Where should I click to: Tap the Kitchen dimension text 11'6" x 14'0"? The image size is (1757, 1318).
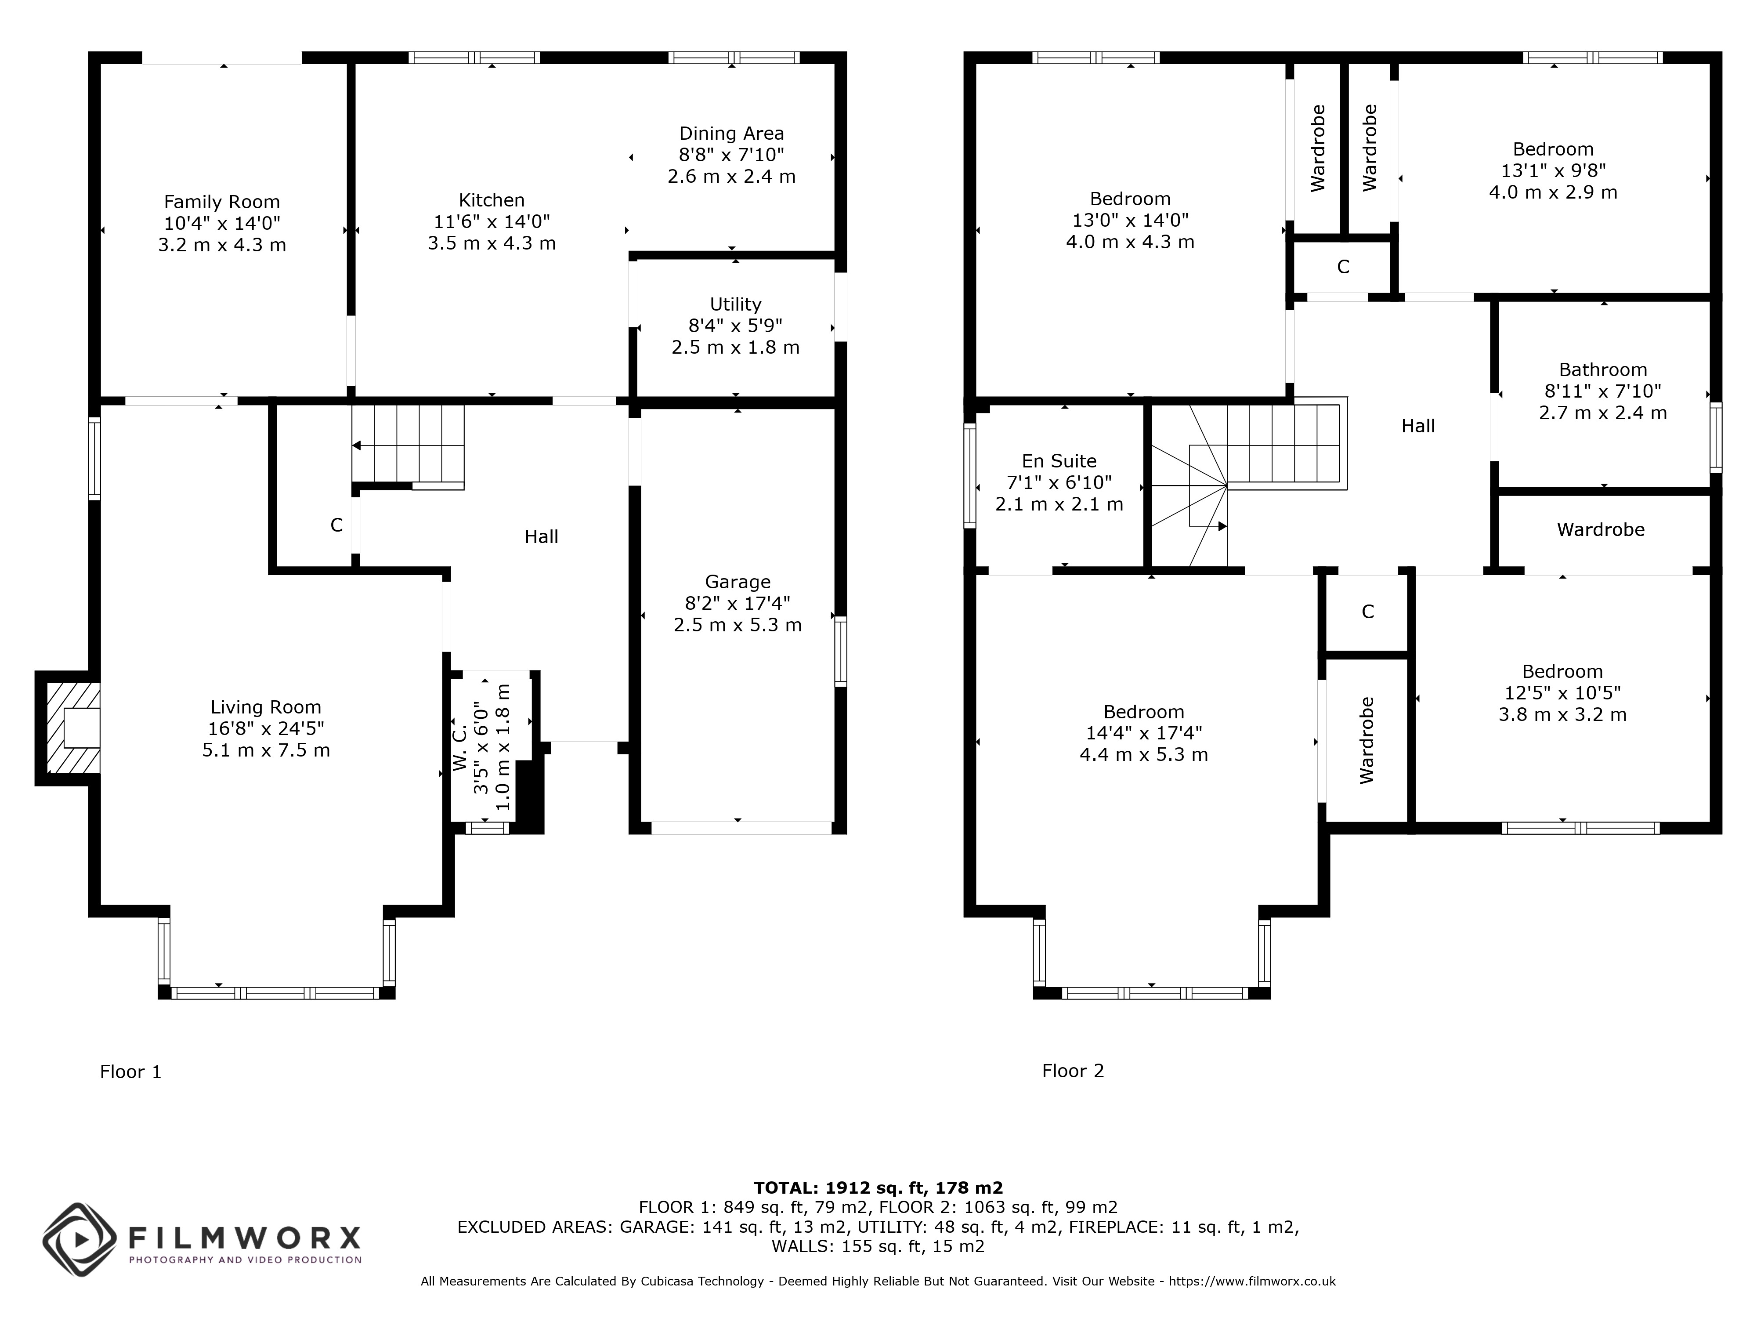492,222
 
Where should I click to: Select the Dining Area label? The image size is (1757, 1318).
731,134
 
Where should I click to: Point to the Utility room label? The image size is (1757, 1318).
736,304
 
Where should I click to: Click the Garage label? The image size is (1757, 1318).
738,582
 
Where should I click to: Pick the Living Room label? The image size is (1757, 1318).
266,707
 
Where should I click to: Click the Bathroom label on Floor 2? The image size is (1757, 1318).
1603,369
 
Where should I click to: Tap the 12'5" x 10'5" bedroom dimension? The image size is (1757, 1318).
1562,693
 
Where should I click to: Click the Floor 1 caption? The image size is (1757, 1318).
131,1072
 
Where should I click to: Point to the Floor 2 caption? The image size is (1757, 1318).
1073,1071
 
